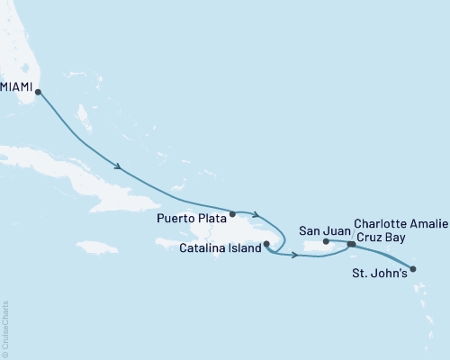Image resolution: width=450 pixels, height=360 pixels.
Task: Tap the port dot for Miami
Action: [38, 91]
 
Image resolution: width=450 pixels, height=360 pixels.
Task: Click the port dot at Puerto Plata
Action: [232, 214]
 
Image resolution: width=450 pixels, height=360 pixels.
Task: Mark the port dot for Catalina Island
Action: [266, 243]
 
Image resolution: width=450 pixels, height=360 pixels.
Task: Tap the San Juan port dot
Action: [326, 241]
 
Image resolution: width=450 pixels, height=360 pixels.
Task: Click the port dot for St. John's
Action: [413, 267]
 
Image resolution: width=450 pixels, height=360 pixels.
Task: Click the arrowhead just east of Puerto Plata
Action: [257, 214]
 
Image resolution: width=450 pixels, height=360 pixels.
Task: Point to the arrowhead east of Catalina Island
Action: [294, 256]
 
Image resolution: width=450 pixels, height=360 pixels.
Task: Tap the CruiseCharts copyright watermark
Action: [5, 329]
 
